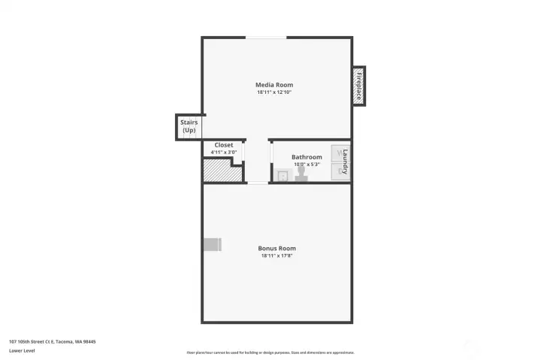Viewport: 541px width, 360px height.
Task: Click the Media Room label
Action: pos(274,84)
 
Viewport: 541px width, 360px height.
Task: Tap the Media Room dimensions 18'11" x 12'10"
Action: pos(274,92)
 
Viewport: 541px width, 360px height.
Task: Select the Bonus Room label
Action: pos(277,248)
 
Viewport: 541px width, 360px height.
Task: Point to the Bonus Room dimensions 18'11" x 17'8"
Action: pos(277,256)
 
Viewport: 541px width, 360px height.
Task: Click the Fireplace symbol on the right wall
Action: pos(359,85)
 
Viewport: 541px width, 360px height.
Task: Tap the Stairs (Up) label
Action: pos(189,126)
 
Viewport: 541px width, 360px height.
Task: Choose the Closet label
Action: pos(224,144)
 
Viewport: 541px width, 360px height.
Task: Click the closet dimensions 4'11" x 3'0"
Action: pos(224,153)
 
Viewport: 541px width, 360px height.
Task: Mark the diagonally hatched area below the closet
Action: pos(222,173)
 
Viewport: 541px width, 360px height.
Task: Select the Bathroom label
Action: pos(307,157)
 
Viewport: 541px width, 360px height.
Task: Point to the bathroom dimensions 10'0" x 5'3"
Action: pos(307,165)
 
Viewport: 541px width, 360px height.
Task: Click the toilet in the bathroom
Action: pos(302,174)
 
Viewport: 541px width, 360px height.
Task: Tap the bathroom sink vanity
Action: pos(283,176)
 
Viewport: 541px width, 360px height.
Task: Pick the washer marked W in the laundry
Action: pos(337,153)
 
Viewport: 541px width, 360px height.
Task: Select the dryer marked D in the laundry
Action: pos(337,171)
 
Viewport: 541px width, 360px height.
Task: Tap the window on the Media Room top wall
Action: pos(266,38)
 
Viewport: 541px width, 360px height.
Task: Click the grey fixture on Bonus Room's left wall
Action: pos(212,244)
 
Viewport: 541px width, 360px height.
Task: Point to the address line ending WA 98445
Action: pos(53,341)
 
